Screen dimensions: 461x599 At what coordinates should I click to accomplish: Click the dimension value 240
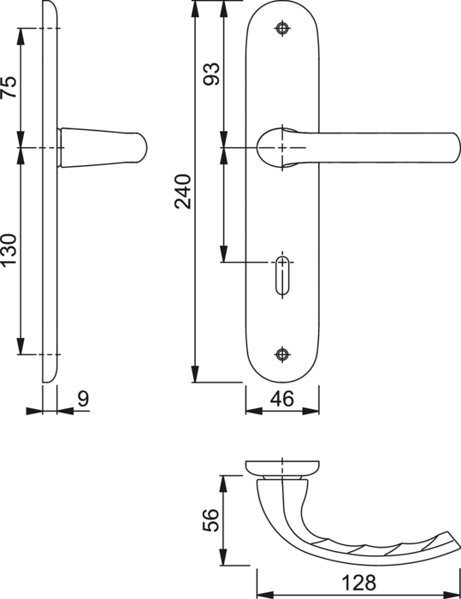pyautogui.click(x=183, y=192)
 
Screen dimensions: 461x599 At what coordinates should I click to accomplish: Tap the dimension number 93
pyautogui.click(x=211, y=74)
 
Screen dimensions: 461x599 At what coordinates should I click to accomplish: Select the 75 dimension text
pyautogui.click(x=9, y=87)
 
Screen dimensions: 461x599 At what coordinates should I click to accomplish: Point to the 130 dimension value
pyautogui.click(x=9, y=250)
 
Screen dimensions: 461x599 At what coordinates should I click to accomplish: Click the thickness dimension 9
pyautogui.click(x=83, y=399)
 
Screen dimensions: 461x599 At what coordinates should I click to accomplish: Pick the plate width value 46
pyautogui.click(x=282, y=399)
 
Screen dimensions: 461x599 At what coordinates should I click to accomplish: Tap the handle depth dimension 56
pyautogui.click(x=211, y=520)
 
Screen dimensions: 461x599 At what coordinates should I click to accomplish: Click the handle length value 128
pyautogui.click(x=358, y=583)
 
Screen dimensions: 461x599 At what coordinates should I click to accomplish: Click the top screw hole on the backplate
pyautogui.click(x=282, y=28)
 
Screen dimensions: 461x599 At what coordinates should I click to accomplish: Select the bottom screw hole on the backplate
pyautogui.click(x=282, y=354)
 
